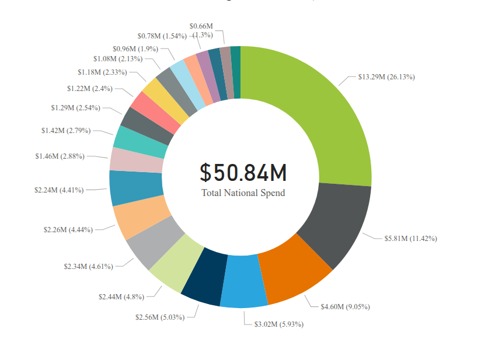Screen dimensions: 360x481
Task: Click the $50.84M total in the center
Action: pos(243,173)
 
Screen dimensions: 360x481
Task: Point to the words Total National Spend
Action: pos(243,193)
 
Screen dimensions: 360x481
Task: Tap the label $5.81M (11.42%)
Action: pos(411,238)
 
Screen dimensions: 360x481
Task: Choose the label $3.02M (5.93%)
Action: pos(278,324)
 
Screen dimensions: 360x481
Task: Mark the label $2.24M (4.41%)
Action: pos(59,190)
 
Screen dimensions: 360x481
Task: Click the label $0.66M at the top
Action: pos(201,26)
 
